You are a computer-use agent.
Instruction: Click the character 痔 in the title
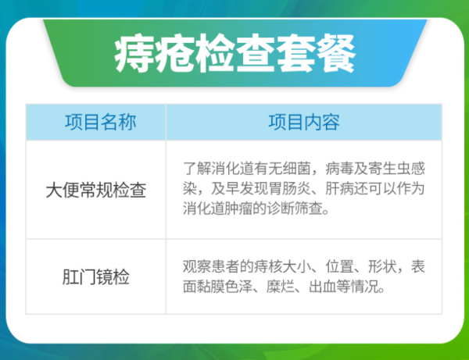point(134,55)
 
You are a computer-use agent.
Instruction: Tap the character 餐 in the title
point(335,55)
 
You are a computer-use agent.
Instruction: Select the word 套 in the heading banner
point(295,55)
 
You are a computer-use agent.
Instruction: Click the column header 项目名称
point(95,123)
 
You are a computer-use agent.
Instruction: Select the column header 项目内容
point(304,123)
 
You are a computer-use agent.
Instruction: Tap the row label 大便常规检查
point(95,191)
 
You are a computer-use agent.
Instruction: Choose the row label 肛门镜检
point(95,277)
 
